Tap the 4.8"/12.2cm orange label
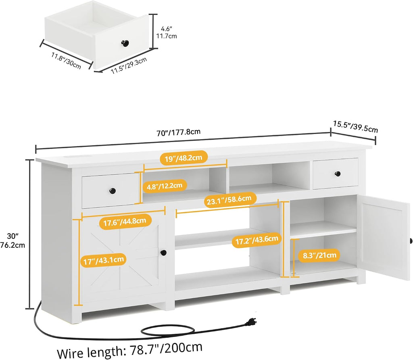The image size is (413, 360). [x=165, y=186]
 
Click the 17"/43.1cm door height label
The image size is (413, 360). [x=104, y=261]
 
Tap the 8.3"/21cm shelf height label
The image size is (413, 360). [x=319, y=255]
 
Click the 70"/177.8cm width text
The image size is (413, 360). [x=179, y=132]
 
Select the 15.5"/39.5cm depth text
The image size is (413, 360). [x=356, y=126]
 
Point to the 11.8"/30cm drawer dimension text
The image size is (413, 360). [x=66, y=61]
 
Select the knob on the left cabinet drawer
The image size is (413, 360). [x=113, y=190]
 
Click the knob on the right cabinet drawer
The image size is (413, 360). [x=338, y=174]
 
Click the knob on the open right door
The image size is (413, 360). [x=411, y=241]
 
